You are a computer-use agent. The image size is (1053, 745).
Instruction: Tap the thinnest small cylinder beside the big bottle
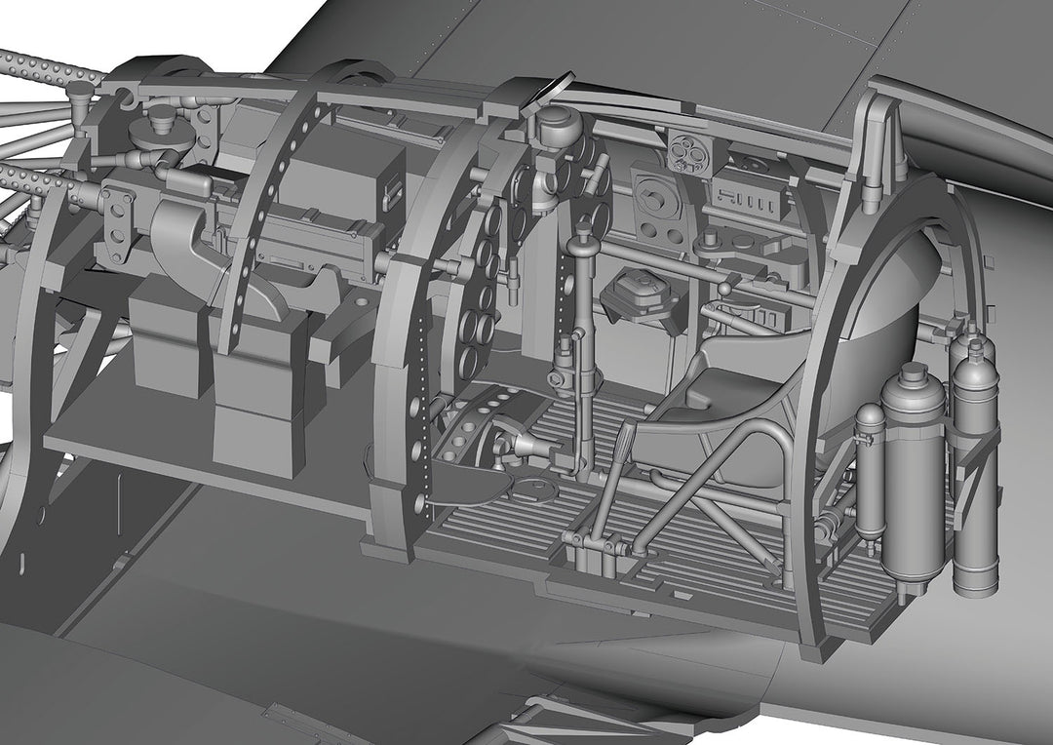870,468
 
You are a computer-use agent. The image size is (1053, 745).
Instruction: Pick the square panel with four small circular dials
691,150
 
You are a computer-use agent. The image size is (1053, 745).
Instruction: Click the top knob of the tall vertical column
583,231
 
